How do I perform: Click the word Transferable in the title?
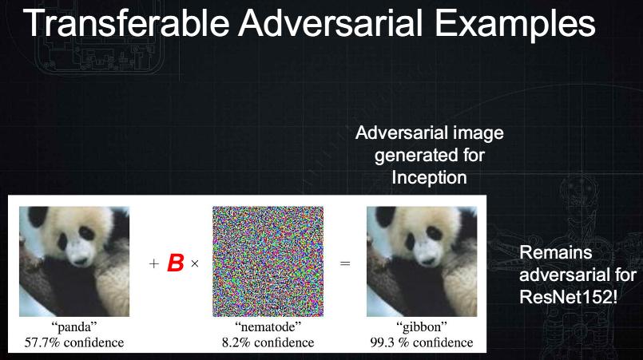pyautogui.click(x=126, y=23)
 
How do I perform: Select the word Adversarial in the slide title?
pyautogui.click(x=331, y=23)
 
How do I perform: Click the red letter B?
pyautogui.click(x=176, y=263)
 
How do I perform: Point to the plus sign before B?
pyautogui.click(x=154, y=263)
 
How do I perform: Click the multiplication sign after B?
pyautogui.click(x=195, y=263)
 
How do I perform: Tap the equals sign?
pyautogui.click(x=345, y=263)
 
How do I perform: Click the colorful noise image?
pyautogui.click(x=268, y=261)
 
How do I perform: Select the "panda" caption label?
pyautogui.click(x=74, y=326)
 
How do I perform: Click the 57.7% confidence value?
pyautogui.click(x=74, y=342)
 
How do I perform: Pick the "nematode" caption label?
pyautogui.click(x=268, y=326)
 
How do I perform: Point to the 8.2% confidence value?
pyautogui.click(x=268, y=342)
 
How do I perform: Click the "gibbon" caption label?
pyautogui.click(x=422, y=326)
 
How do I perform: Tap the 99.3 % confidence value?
pyautogui.click(x=422, y=342)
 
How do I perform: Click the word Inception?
pyautogui.click(x=430, y=177)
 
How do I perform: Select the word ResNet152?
pyautogui.click(x=568, y=297)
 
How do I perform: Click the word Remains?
pyautogui.click(x=556, y=252)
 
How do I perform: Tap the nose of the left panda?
pyautogui.click(x=80, y=260)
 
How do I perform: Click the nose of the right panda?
pyautogui.click(x=427, y=260)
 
